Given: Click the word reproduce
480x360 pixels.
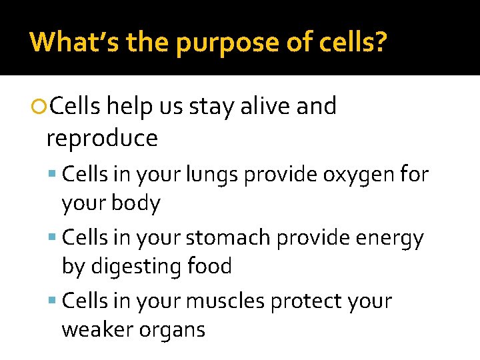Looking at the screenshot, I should [x=102, y=139].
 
